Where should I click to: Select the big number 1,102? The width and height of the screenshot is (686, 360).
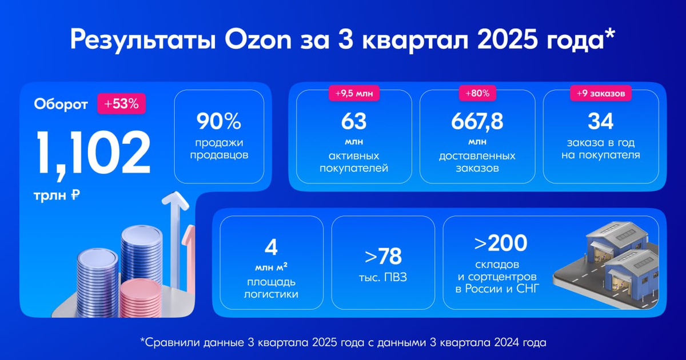pyautogui.click(x=94, y=153)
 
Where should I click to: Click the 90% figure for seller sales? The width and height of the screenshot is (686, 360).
pyautogui.click(x=219, y=122)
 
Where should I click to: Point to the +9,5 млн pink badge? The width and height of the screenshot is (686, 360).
pyautogui.click(x=353, y=93)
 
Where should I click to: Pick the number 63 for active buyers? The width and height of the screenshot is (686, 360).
pyautogui.click(x=353, y=122)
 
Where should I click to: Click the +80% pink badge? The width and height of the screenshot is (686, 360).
pyautogui.click(x=477, y=93)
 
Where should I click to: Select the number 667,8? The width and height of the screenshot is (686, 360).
pyautogui.click(x=477, y=122)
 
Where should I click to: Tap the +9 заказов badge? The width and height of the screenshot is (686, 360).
pyautogui.click(x=600, y=93)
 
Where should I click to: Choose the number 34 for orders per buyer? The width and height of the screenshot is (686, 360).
pyautogui.click(x=600, y=122)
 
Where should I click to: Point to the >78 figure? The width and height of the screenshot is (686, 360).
pyautogui.click(x=382, y=257)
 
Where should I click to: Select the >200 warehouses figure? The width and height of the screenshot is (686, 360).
pyautogui.click(x=500, y=243)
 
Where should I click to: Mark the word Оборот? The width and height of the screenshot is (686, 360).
pyautogui.click(x=61, y=105)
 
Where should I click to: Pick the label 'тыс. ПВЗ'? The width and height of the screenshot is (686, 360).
pyautogui.click(x=382, y=278)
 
